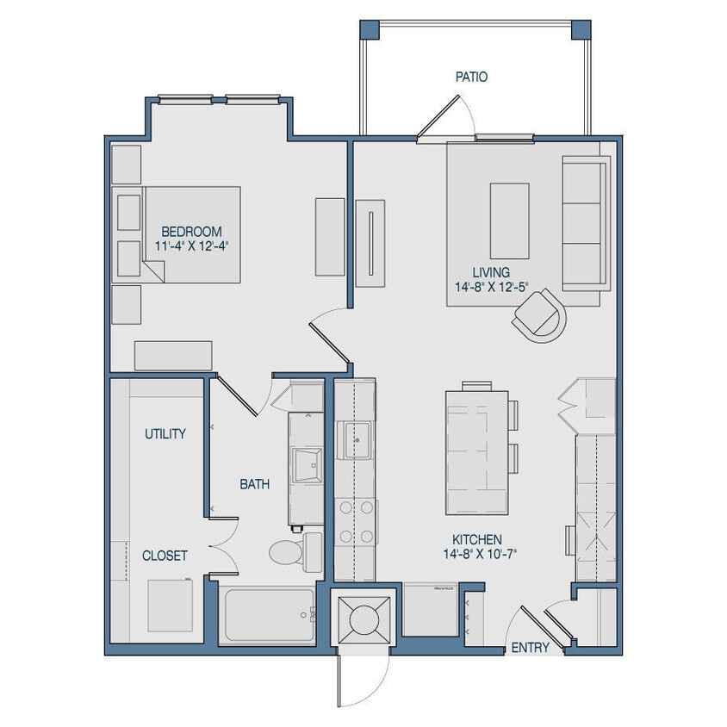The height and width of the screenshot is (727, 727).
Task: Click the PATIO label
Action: [x=471, y=77]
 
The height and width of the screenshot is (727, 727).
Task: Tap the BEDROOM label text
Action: [x=191, y=232]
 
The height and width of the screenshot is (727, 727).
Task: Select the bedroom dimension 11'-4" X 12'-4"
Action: [x=191, y=246]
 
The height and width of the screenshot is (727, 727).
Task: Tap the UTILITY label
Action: [x=165, y=433]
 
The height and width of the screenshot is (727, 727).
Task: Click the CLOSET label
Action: [x=165, y=556]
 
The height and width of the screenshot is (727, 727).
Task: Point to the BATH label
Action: [x=254, y=484]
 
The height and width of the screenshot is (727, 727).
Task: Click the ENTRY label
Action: [x=530, y=648]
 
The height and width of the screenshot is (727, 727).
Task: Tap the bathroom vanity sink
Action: [x=306, y=465]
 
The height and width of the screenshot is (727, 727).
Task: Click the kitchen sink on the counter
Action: [x=355, y=440]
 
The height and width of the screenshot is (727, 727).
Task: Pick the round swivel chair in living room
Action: [x=541, y=314]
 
